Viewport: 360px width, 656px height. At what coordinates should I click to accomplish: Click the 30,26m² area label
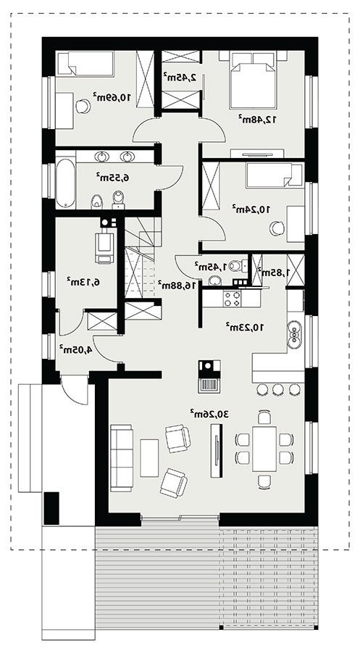[x=209, y=414]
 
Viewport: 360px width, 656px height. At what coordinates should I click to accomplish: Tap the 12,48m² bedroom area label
[x=258, y=119]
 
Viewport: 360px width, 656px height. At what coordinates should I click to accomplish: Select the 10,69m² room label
[x=112, y=97]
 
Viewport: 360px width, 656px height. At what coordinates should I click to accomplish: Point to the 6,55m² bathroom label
[x=113, y=178]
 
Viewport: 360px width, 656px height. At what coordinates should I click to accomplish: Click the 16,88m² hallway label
[x=177, y=285]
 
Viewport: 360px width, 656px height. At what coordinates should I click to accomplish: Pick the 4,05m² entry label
[x=75, y=349]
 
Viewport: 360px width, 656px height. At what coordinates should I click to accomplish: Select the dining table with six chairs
[x=264, y=449]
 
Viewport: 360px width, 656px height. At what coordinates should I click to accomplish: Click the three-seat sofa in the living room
[x=121, y=458]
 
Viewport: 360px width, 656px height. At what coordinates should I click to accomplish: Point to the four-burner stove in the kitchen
[x=233, y=299]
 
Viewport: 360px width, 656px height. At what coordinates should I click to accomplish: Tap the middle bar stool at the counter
[x=278, y=389]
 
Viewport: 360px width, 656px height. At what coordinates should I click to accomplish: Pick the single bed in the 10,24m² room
[x=275, y=175]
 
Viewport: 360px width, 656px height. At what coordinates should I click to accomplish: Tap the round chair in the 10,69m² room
[x=83, y=107]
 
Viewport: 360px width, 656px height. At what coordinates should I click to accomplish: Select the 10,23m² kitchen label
[x=245, y=327]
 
